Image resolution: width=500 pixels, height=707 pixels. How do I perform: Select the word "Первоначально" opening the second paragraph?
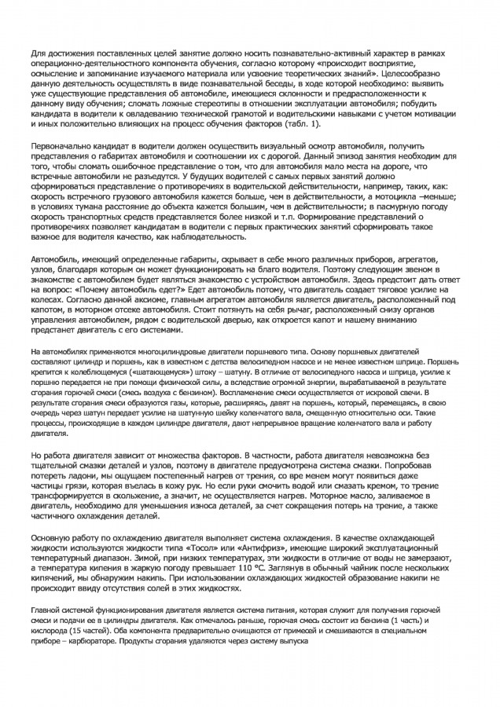61,148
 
